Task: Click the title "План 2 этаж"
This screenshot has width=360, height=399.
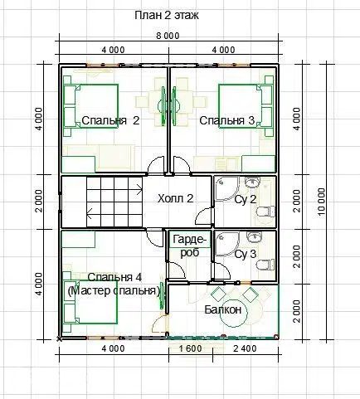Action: [167, 15]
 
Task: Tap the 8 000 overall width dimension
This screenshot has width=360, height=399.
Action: [168, 36]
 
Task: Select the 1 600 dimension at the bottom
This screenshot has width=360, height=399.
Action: [191, 348]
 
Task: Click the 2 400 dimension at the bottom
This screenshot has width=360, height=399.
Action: [245, 348]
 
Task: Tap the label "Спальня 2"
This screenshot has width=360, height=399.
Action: [110, 120]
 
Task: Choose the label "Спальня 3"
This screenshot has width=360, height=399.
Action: [226, 120]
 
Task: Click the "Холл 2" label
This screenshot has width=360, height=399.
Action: [175, 198]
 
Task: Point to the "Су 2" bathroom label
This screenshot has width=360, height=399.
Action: [246, 199]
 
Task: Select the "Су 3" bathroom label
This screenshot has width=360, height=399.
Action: [246, 254]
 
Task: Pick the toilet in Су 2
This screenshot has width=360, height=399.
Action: [265, 212]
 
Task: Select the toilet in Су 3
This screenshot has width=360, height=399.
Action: [265, 265]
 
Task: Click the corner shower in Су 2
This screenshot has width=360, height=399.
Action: [226, 189]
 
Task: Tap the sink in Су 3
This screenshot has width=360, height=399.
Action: [253, 236]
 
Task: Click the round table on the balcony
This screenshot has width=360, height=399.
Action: [234, 313]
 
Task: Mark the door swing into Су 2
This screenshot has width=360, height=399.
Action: [204, 217]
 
